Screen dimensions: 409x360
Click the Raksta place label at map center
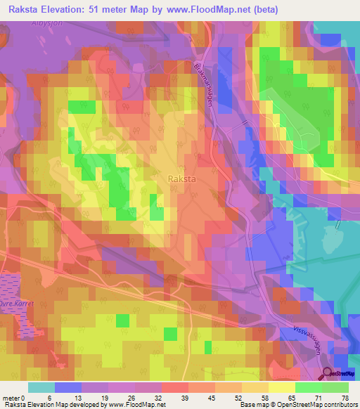182,179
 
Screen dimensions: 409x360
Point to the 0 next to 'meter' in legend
24,397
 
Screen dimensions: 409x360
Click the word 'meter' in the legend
11,397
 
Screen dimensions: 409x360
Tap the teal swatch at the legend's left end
41,387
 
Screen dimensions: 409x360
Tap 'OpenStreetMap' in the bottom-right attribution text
299,405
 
